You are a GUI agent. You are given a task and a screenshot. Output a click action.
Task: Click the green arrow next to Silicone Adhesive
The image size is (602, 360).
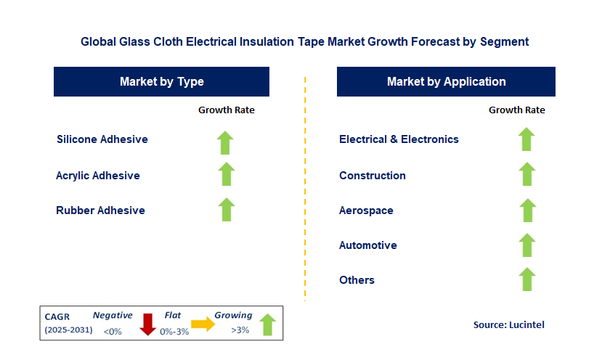225,143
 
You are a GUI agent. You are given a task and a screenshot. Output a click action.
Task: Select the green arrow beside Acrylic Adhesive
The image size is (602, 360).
227,174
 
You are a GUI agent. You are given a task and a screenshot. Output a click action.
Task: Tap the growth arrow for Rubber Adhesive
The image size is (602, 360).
227,210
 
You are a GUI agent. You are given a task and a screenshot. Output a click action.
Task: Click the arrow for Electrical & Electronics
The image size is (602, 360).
526,139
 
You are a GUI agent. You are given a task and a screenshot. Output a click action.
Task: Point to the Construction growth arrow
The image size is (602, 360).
527,174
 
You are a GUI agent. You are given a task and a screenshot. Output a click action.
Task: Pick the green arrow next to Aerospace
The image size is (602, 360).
528,210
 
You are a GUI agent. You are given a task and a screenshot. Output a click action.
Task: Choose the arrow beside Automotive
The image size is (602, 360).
527,245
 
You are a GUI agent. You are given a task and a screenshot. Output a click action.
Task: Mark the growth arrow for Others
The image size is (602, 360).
527,279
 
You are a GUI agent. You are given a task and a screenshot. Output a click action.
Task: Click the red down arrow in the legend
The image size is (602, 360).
147,324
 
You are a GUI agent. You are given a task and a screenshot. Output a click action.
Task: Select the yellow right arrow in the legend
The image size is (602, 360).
203,324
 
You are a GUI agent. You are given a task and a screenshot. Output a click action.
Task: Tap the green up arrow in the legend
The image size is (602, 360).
268,324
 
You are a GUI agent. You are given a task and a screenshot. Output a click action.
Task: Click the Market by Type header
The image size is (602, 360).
162,81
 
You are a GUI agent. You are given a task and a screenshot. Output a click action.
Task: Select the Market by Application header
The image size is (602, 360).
446,81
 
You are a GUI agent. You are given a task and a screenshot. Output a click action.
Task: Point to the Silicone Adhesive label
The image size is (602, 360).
102,139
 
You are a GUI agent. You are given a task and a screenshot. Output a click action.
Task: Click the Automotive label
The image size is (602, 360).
367,245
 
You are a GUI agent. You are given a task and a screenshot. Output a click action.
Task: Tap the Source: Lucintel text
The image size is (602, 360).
509,324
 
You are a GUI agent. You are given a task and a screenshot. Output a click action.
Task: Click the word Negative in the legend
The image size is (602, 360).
113,316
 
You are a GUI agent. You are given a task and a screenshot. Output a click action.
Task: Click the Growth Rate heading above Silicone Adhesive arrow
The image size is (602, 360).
227,110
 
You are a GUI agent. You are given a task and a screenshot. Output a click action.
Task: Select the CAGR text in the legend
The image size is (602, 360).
57,317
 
